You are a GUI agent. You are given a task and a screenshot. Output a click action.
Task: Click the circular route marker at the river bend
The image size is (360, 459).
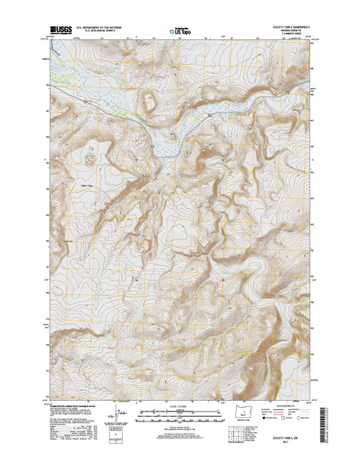pyautogui.click(x=153, y=144)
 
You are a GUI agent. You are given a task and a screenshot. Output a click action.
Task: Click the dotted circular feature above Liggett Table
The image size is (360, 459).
pyautogui.click(x=91, y=157)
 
